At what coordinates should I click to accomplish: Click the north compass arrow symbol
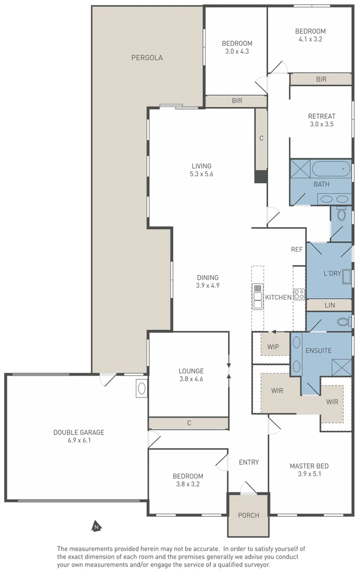pos(96,527)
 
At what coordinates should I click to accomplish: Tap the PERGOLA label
pos(147,58)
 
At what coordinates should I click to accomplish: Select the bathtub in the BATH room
pos(331,170)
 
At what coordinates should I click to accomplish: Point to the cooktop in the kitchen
pos(298,293)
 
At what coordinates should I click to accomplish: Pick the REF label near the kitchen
pos(296,249)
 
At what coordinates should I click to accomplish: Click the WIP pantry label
pos(273,347)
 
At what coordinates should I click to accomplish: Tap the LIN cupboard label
pos(329,306)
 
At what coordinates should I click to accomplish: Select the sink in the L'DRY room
pos(347,277)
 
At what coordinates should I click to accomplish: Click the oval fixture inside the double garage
pos(142,389)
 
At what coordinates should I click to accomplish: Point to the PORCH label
pos(248,515)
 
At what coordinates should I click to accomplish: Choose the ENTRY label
pos(248,463)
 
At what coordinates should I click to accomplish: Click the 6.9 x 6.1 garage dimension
pos(79,440)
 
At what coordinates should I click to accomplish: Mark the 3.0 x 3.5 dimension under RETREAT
pos(322,124)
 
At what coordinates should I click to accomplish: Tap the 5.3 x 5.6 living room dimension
pos(202,174)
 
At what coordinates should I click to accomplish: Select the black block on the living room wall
pos(260,177)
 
